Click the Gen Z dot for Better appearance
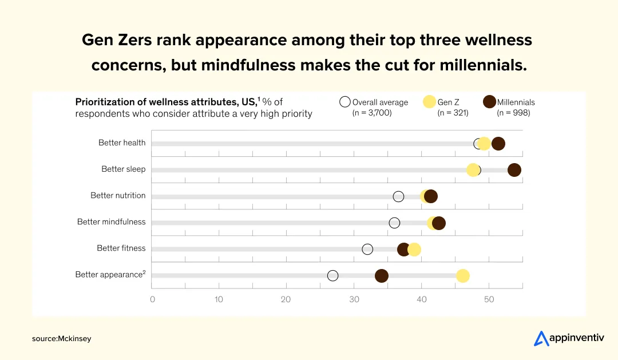[462, 276]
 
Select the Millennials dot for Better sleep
[514, 170]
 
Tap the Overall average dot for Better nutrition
[398, 196]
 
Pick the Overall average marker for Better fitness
[367, 249]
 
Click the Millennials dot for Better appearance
[382, 276]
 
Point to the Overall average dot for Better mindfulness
[394, 223]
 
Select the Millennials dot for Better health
[498, 144]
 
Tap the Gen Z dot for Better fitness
[414, 249]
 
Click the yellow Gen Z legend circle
[429, 102]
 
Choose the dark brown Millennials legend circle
[489, 102]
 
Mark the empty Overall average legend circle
[344, 102]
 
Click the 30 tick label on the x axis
[354, 299]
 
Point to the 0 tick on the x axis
[152, 299]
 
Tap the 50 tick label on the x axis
[489, 299]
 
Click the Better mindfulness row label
[112, 222]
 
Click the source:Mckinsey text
[62, 339]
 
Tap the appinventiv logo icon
[541, 339]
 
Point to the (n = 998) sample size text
[513, 113]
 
